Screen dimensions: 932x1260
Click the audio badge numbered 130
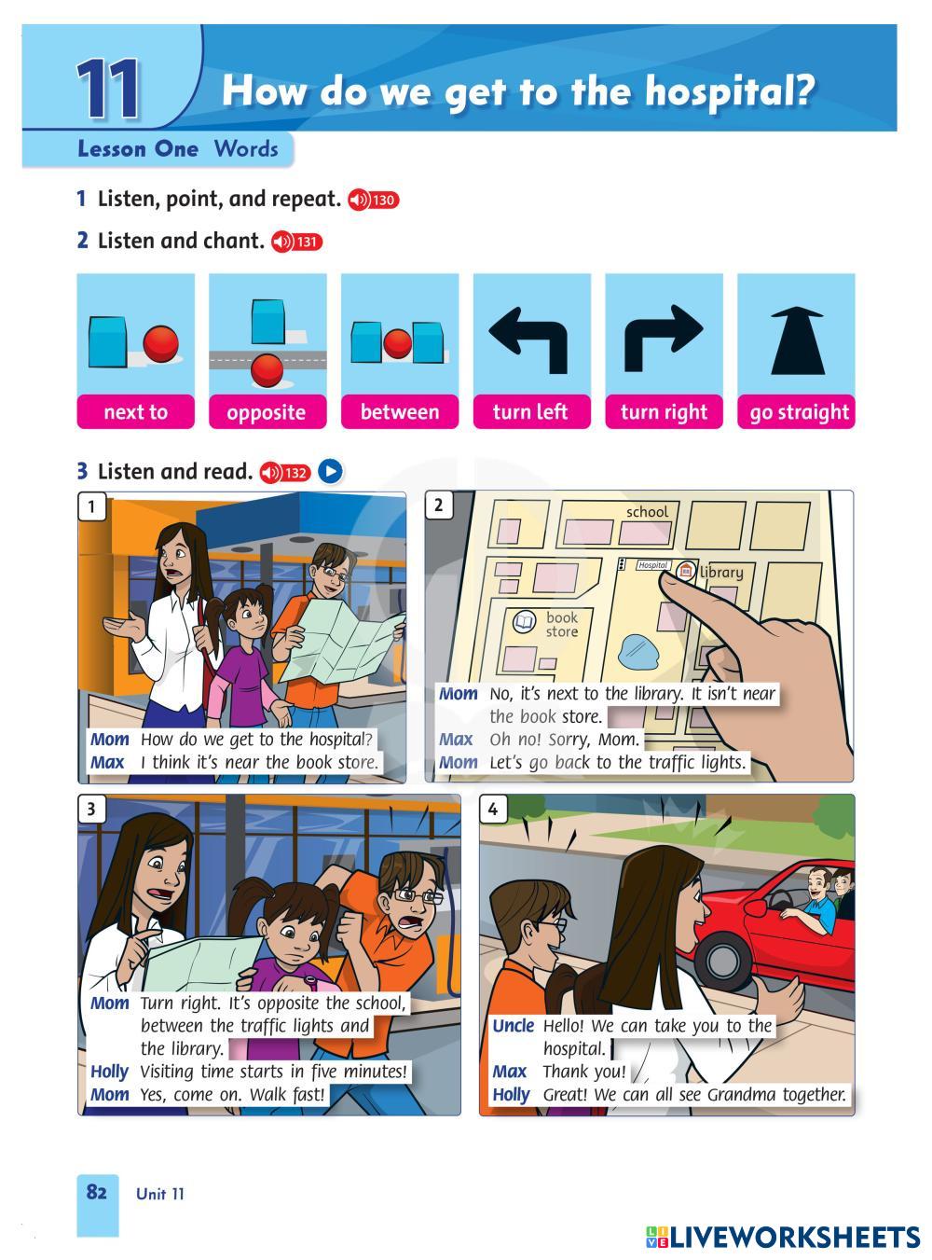pyautogui.click(x=373, y=200)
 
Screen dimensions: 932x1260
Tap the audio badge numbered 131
pyautogui.click(x=296, y=242)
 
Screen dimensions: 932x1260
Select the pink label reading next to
pyautogui.click(x=136, y=411)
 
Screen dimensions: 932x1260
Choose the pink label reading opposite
pyautogui.click(x=267, y=411)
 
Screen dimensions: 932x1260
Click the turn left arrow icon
pyautogui.click(x=529, y=339)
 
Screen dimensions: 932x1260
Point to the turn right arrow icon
pyautogui.click(x=663, y=338)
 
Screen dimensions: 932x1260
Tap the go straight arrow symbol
pyautogui.click(x=797, y=339)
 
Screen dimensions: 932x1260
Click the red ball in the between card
pyautogui.click(x=398, y=342)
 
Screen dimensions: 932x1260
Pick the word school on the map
pyautogui.click(x=647, y=512)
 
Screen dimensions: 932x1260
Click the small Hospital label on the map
pyautogui.click(x=652, y=565)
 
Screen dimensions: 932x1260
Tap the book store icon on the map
pyautogui.click(x=524, y=621)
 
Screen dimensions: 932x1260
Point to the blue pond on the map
pyautogui.click(x=639, y=652)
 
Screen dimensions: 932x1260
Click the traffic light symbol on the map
pyautogui.click(x=622, y=564)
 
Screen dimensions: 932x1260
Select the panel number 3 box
pyautogui.click(x=91, y=809)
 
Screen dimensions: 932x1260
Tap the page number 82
pyautogui.click(x=97, y=1191)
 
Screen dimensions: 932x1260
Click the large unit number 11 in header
pyautogui.click(x=108, y=88)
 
